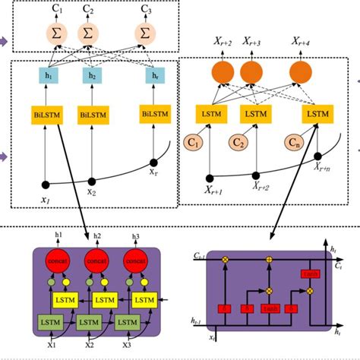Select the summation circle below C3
click(x=144, y=32)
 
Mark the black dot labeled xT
click(x=154, y=161)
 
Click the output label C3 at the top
click(x=144, y=9)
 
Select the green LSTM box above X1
click(x=47, y=324)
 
